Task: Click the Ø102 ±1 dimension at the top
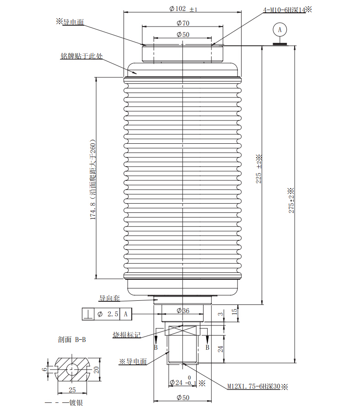183,9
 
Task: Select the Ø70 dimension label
183,23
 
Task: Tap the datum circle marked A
279,30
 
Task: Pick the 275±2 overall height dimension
291,201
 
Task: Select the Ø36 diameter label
183,310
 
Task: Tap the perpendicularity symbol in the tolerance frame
88,314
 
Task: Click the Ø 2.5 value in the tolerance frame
107,314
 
